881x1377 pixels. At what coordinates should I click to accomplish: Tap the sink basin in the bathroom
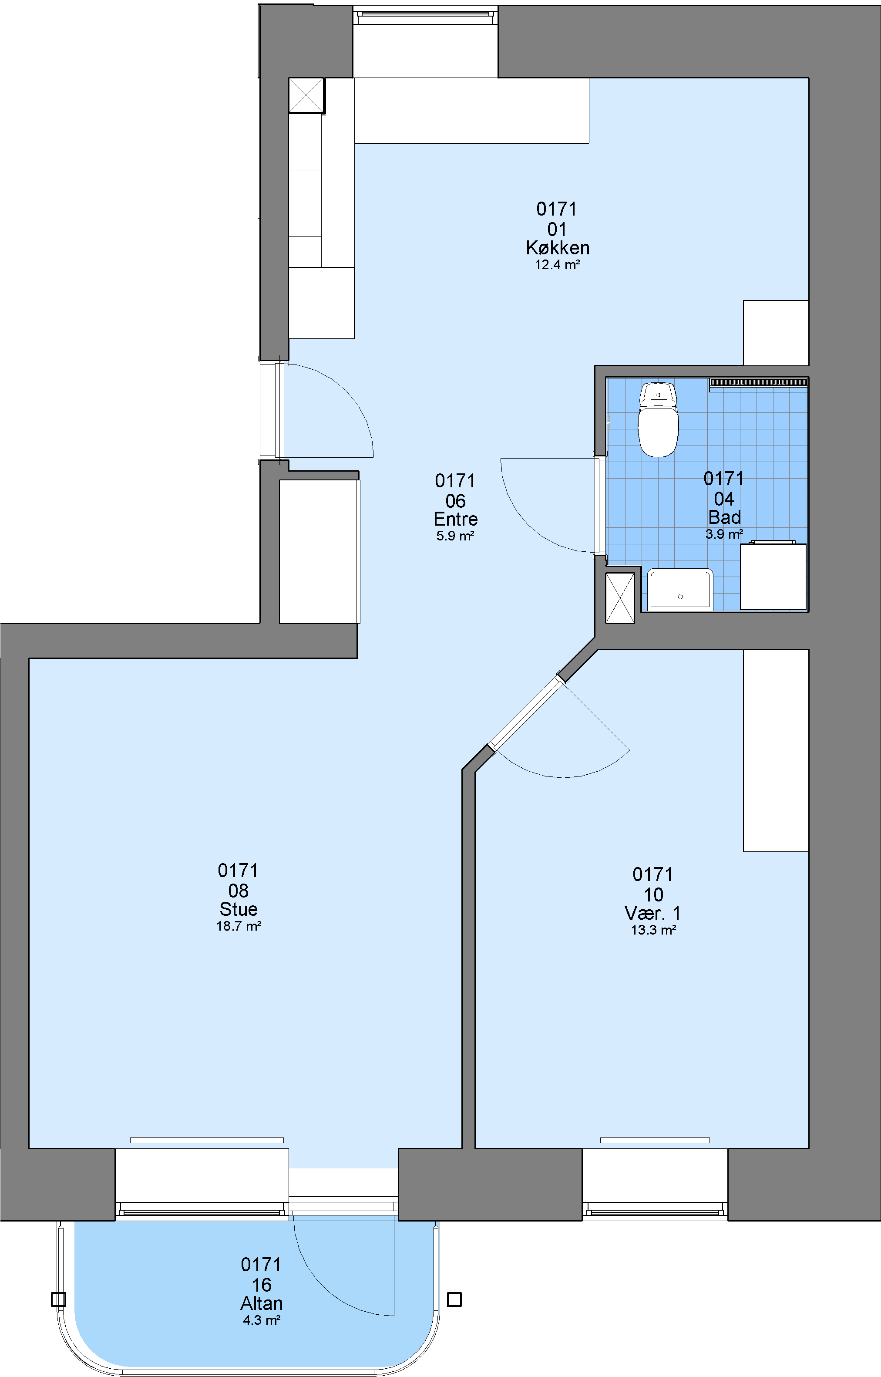click(680, 588)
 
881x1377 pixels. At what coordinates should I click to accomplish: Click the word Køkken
click(558, 248)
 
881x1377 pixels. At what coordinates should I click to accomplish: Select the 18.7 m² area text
click(239, 926)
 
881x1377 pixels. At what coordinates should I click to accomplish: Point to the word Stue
click(239, 909)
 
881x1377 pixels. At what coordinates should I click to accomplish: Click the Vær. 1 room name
click(653, 913)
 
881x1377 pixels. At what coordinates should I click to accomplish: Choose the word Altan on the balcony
click(262, 1303)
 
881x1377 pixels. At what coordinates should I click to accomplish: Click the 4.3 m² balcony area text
click(262, 1320)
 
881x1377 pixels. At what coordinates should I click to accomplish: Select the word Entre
click(455, 519)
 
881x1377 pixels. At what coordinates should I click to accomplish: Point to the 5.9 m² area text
click(455, 536)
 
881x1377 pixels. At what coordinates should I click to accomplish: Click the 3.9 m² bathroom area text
click(724, 534)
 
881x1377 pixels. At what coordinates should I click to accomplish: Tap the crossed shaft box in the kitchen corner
click(306, 95)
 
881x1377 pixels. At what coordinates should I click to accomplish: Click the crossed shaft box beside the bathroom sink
click(620, 597)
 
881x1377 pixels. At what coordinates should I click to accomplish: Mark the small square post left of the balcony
click(58, 1299)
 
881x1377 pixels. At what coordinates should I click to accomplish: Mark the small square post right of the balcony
click(454, 1299)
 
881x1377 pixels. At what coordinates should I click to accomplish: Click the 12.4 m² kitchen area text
click(558, 265)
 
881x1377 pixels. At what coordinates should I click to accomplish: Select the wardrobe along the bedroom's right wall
click(776, 750)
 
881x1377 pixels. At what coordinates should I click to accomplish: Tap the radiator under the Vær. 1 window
click(655, 1140)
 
